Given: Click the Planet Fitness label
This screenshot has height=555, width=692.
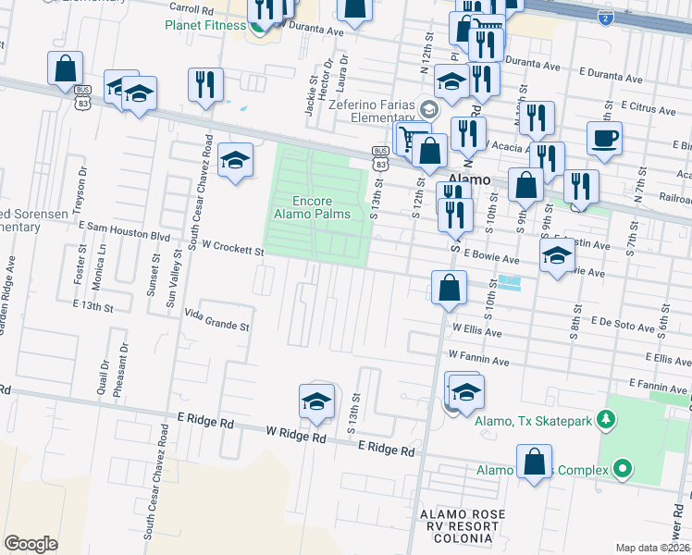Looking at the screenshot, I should click(x=204, y=25).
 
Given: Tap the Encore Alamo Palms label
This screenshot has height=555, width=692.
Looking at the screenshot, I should click(x=312, y=207).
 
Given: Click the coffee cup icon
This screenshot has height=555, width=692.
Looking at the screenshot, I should click(x=604, y=138).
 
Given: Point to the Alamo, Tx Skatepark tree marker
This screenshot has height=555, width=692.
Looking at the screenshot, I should click(x=607, y=421).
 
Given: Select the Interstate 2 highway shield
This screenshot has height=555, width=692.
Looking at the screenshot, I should click(x=604, y=18).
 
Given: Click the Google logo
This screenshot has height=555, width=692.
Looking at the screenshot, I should click(x=31, y=544).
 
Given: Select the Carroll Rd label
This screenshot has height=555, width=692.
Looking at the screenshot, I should click(x=192, y=6).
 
